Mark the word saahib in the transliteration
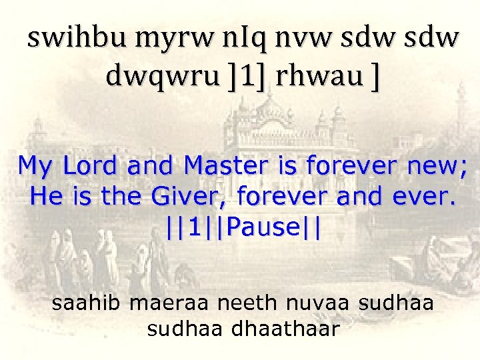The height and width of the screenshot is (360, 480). click(87, 303)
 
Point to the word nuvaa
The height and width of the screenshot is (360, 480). click(319, 303)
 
